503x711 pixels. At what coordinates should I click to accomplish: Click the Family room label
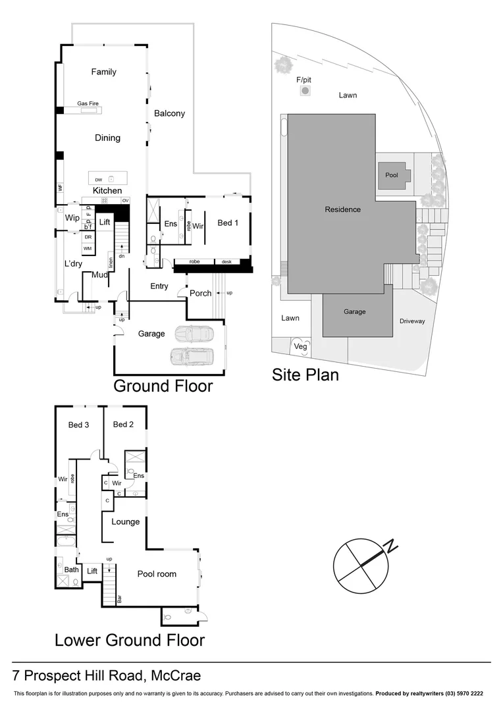(x=103, y=72)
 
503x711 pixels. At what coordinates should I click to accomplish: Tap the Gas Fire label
(x=88, y=104)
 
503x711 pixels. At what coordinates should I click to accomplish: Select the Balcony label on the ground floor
(x=169, y=113)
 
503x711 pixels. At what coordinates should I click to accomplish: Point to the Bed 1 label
(x=227, y=223)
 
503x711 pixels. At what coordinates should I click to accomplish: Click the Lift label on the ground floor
(x=105, y=223)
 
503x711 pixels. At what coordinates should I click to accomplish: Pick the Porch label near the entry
(x=200, y=293)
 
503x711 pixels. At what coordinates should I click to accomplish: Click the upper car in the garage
(x=193, y=334)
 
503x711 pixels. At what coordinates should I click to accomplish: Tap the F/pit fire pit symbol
(x=304, y=91)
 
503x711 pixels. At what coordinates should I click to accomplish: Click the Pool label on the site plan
(x=392, y=176)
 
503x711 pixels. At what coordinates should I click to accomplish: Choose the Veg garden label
(x=300, y=346)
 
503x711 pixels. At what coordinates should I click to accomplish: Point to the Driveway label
(x=412, y=321)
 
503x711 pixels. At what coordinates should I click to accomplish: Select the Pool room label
(x=157, y=574)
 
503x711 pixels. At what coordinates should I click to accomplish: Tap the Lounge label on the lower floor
(x=125, y=521)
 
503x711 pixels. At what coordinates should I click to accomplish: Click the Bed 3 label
(x=78, y=425)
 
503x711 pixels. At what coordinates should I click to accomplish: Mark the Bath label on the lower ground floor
(x=71, y=570)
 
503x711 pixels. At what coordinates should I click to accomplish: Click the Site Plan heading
(x=305, y=375)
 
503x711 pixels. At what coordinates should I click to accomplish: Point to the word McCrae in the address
(x=176, y=675)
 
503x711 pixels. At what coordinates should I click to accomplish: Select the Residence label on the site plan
(x=342, y=209)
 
